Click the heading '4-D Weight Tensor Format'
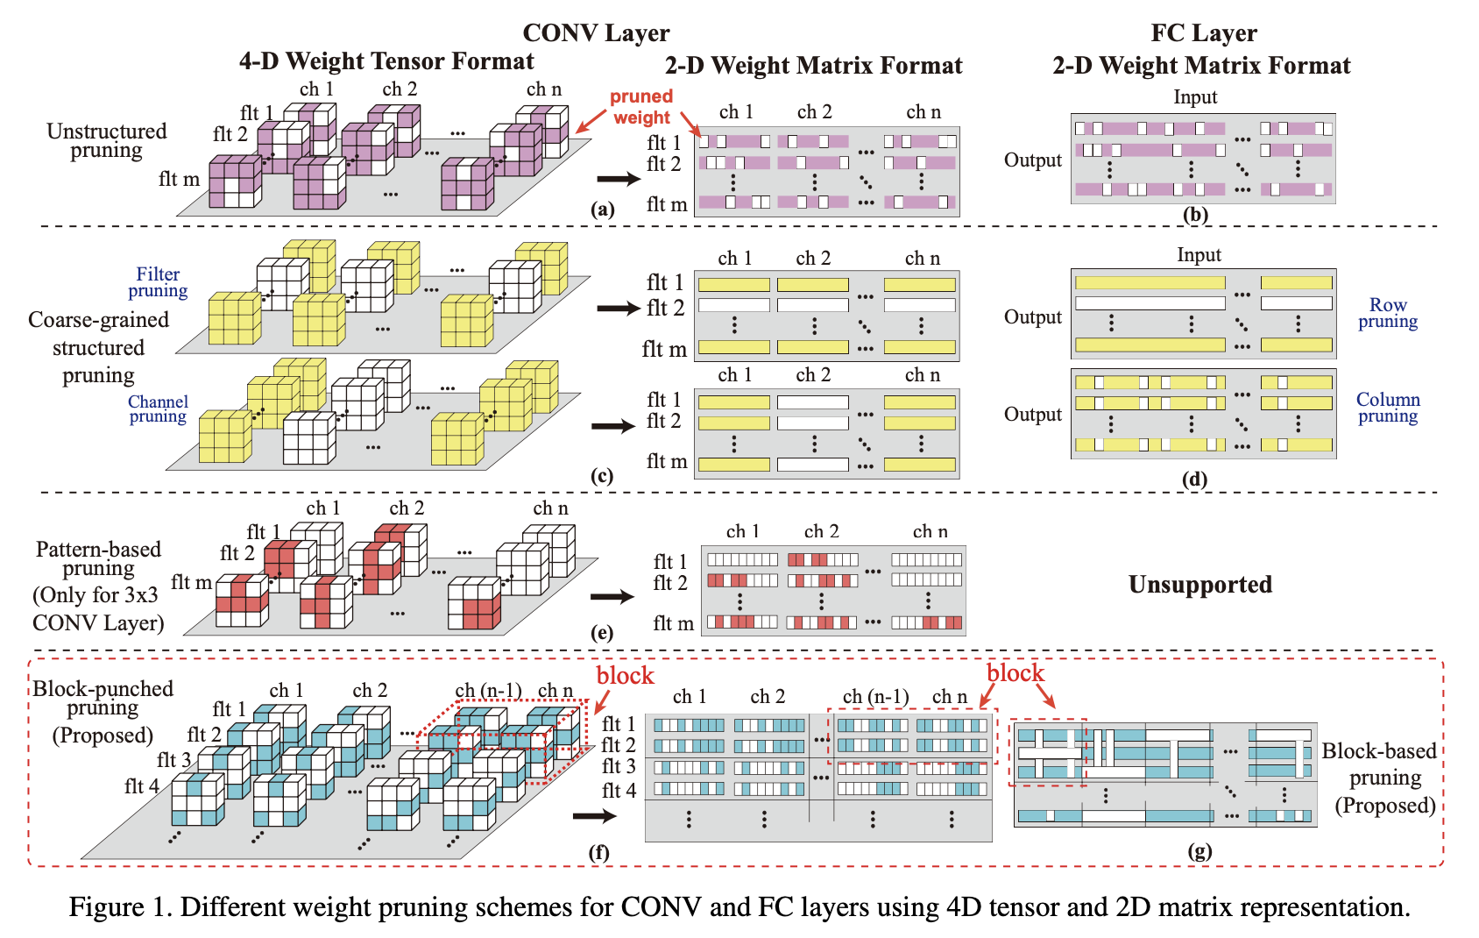[x=386, y=61]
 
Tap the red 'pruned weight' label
[x=641, y=107]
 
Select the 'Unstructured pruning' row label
[x=106, y=140]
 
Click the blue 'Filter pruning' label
[x=158, y=282]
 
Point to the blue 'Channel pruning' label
[x=158, y=409]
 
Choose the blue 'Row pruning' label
[x=1388, y=313]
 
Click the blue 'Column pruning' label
[x=1388, y=408]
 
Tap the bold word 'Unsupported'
[x=1199, y=585]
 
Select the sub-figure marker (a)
[x=602, y=209]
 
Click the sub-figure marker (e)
[x=602, y=632]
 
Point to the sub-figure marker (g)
[x=1199, y=850]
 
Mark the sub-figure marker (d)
[x=1194, y=479]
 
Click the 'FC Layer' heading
[x=1203, y=33]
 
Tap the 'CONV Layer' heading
[x=596, y=33]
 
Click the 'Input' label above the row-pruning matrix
[x=1199, y=255]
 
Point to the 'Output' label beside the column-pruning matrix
[x=1033, y=415]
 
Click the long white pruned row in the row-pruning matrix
[x=1150, y=303]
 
